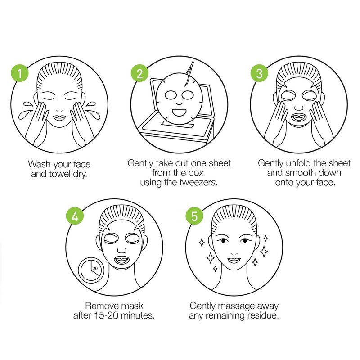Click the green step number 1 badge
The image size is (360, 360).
pos(19,73)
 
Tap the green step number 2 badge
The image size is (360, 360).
pos(139,73)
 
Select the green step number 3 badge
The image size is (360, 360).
pos(259,73)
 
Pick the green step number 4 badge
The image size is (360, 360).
pos(75,216)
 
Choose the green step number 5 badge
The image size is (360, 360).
pos(194,216)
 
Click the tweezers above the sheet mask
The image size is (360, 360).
pos(189,74)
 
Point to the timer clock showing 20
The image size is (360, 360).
pos(91,269)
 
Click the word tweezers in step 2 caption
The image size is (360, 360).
pos(198,183)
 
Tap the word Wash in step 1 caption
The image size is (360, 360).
pos(39,164)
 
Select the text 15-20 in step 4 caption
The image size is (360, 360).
pos(106,315)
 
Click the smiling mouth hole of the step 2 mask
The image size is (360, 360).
pos(179,112)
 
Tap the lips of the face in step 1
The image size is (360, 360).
pos(59,118)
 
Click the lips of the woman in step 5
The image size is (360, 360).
pos(234,261)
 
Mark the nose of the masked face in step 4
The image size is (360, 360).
pos(121,250)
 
